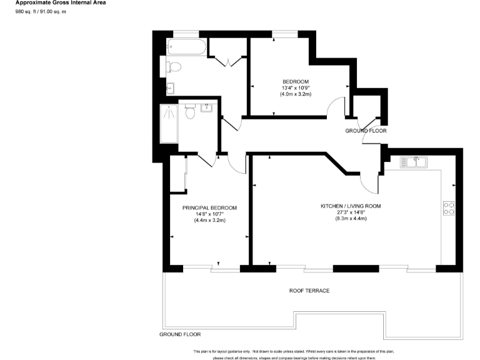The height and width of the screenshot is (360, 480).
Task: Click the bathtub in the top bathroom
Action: point(186,47)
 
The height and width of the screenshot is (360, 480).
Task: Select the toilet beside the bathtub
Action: point(173,66)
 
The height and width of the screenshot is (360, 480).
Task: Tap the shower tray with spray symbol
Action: point(169,123)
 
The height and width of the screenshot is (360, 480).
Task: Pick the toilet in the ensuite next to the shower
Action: point(191,113)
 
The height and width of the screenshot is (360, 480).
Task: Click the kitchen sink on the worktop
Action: point(415,162)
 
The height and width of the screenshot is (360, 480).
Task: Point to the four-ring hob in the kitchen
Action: point(448,207)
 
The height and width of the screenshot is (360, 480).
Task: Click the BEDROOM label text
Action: point(296,82)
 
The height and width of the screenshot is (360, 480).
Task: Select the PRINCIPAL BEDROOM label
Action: point(209,207)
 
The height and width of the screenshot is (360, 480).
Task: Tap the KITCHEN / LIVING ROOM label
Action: point(351,206)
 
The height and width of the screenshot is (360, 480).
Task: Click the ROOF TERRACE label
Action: point(309,291)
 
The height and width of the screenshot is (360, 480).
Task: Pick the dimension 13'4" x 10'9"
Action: point(296,88)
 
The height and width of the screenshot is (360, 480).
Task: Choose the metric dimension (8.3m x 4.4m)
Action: point(351,218)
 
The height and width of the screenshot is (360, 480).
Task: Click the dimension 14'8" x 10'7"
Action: point(209,214)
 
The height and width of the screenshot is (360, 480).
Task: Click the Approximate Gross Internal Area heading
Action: point(61,3)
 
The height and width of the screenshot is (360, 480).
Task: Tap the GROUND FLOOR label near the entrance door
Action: point(366,131)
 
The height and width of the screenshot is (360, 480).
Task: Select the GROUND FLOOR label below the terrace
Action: point(180,334)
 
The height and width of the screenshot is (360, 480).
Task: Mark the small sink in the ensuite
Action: point(206,107)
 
